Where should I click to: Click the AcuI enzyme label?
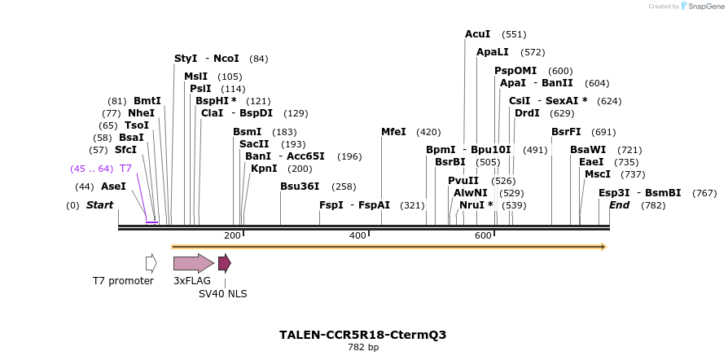point(477,34)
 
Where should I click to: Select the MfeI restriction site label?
point(393,132)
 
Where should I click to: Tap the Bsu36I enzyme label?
point(300,187)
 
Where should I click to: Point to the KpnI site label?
point(264,169)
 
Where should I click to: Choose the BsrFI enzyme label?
point(566,132)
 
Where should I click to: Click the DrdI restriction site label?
point(527,113)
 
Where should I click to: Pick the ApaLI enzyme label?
point(493,52)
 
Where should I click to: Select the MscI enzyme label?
point(598,174)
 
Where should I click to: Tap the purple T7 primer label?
point(125,169)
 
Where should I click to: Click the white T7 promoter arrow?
point(151,263)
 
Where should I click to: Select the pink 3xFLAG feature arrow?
point(193,263)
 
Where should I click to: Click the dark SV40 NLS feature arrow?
point(224,263)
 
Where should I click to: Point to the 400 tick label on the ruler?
point(357,236)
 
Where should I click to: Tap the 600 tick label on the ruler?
point(483,236)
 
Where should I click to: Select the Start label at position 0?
point(99,205)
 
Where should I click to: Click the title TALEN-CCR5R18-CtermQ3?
point(363,335)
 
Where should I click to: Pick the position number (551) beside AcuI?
point(514,34)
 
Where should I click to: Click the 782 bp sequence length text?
point(363,348)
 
